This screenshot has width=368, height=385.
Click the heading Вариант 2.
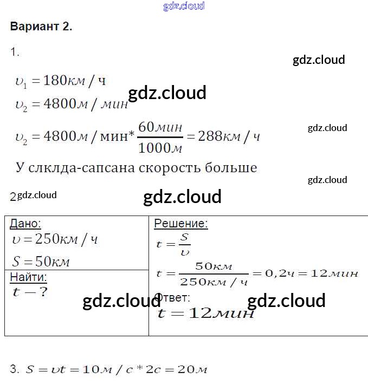(41, 27)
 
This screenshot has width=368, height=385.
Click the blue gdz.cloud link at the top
(184, 6)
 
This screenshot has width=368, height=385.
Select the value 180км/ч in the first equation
(74, 81)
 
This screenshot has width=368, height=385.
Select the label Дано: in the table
(25, 224)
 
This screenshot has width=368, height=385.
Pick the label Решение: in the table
(181, 224)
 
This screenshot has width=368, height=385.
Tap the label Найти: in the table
(28, 278)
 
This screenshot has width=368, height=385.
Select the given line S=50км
(41, 262)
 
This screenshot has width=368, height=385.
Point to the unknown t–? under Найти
(30, 292)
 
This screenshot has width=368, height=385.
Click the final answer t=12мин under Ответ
(205, 314)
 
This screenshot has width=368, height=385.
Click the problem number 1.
(15, 53)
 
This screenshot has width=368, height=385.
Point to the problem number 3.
(15, 370)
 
